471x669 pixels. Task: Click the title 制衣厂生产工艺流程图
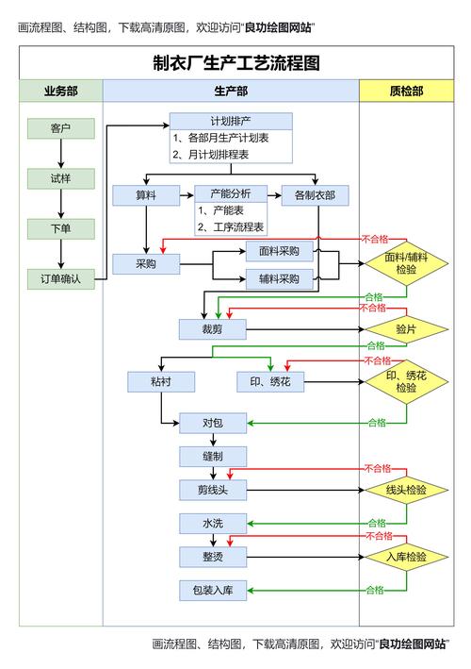pos(236,63)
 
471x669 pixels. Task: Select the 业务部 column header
pos(61,91)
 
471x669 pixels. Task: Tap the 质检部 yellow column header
pos(406,91)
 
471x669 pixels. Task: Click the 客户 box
pos(61,127)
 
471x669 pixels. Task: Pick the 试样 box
pos(61,177)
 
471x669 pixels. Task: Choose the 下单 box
pos(61,228)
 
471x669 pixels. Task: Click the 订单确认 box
pos(61,278)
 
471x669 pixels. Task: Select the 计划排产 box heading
pos(231,122)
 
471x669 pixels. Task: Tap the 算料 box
pos(145,195)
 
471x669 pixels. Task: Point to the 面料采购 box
pos(279,251)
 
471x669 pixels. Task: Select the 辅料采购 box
pos(279,278)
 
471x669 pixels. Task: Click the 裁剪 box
pos(212,328)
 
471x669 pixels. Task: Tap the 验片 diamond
pos(406,328)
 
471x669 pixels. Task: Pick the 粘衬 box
pos(161,381)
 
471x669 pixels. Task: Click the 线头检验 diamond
pos(406,490)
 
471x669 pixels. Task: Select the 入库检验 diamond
pos(406,557)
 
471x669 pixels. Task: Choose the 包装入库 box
pos(212,591)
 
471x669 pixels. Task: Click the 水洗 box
pos(212,523)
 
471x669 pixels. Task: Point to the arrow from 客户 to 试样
pos(61,153)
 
